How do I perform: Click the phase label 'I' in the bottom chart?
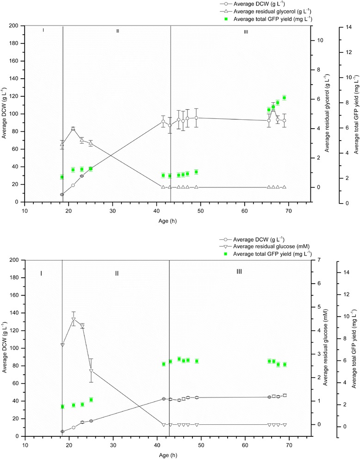(41, 273)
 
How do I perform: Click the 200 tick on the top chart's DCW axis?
(16, 26)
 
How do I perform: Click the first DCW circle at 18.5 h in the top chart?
(62, 194)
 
